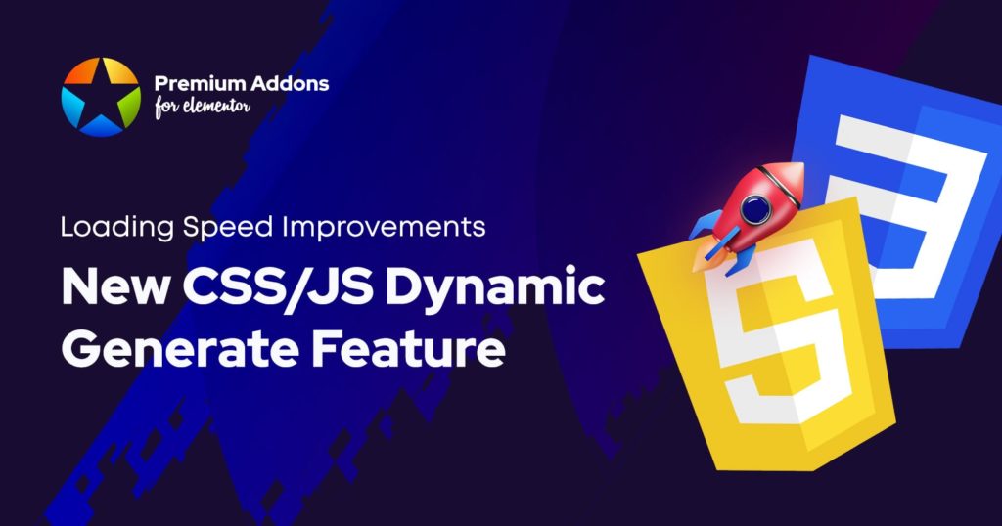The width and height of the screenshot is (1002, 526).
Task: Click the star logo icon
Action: [101, 96]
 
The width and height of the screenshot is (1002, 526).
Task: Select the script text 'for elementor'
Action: [202, 108]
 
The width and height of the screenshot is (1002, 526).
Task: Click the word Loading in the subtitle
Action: [114, 228]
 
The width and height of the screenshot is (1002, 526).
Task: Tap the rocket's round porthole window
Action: [754, 208]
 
